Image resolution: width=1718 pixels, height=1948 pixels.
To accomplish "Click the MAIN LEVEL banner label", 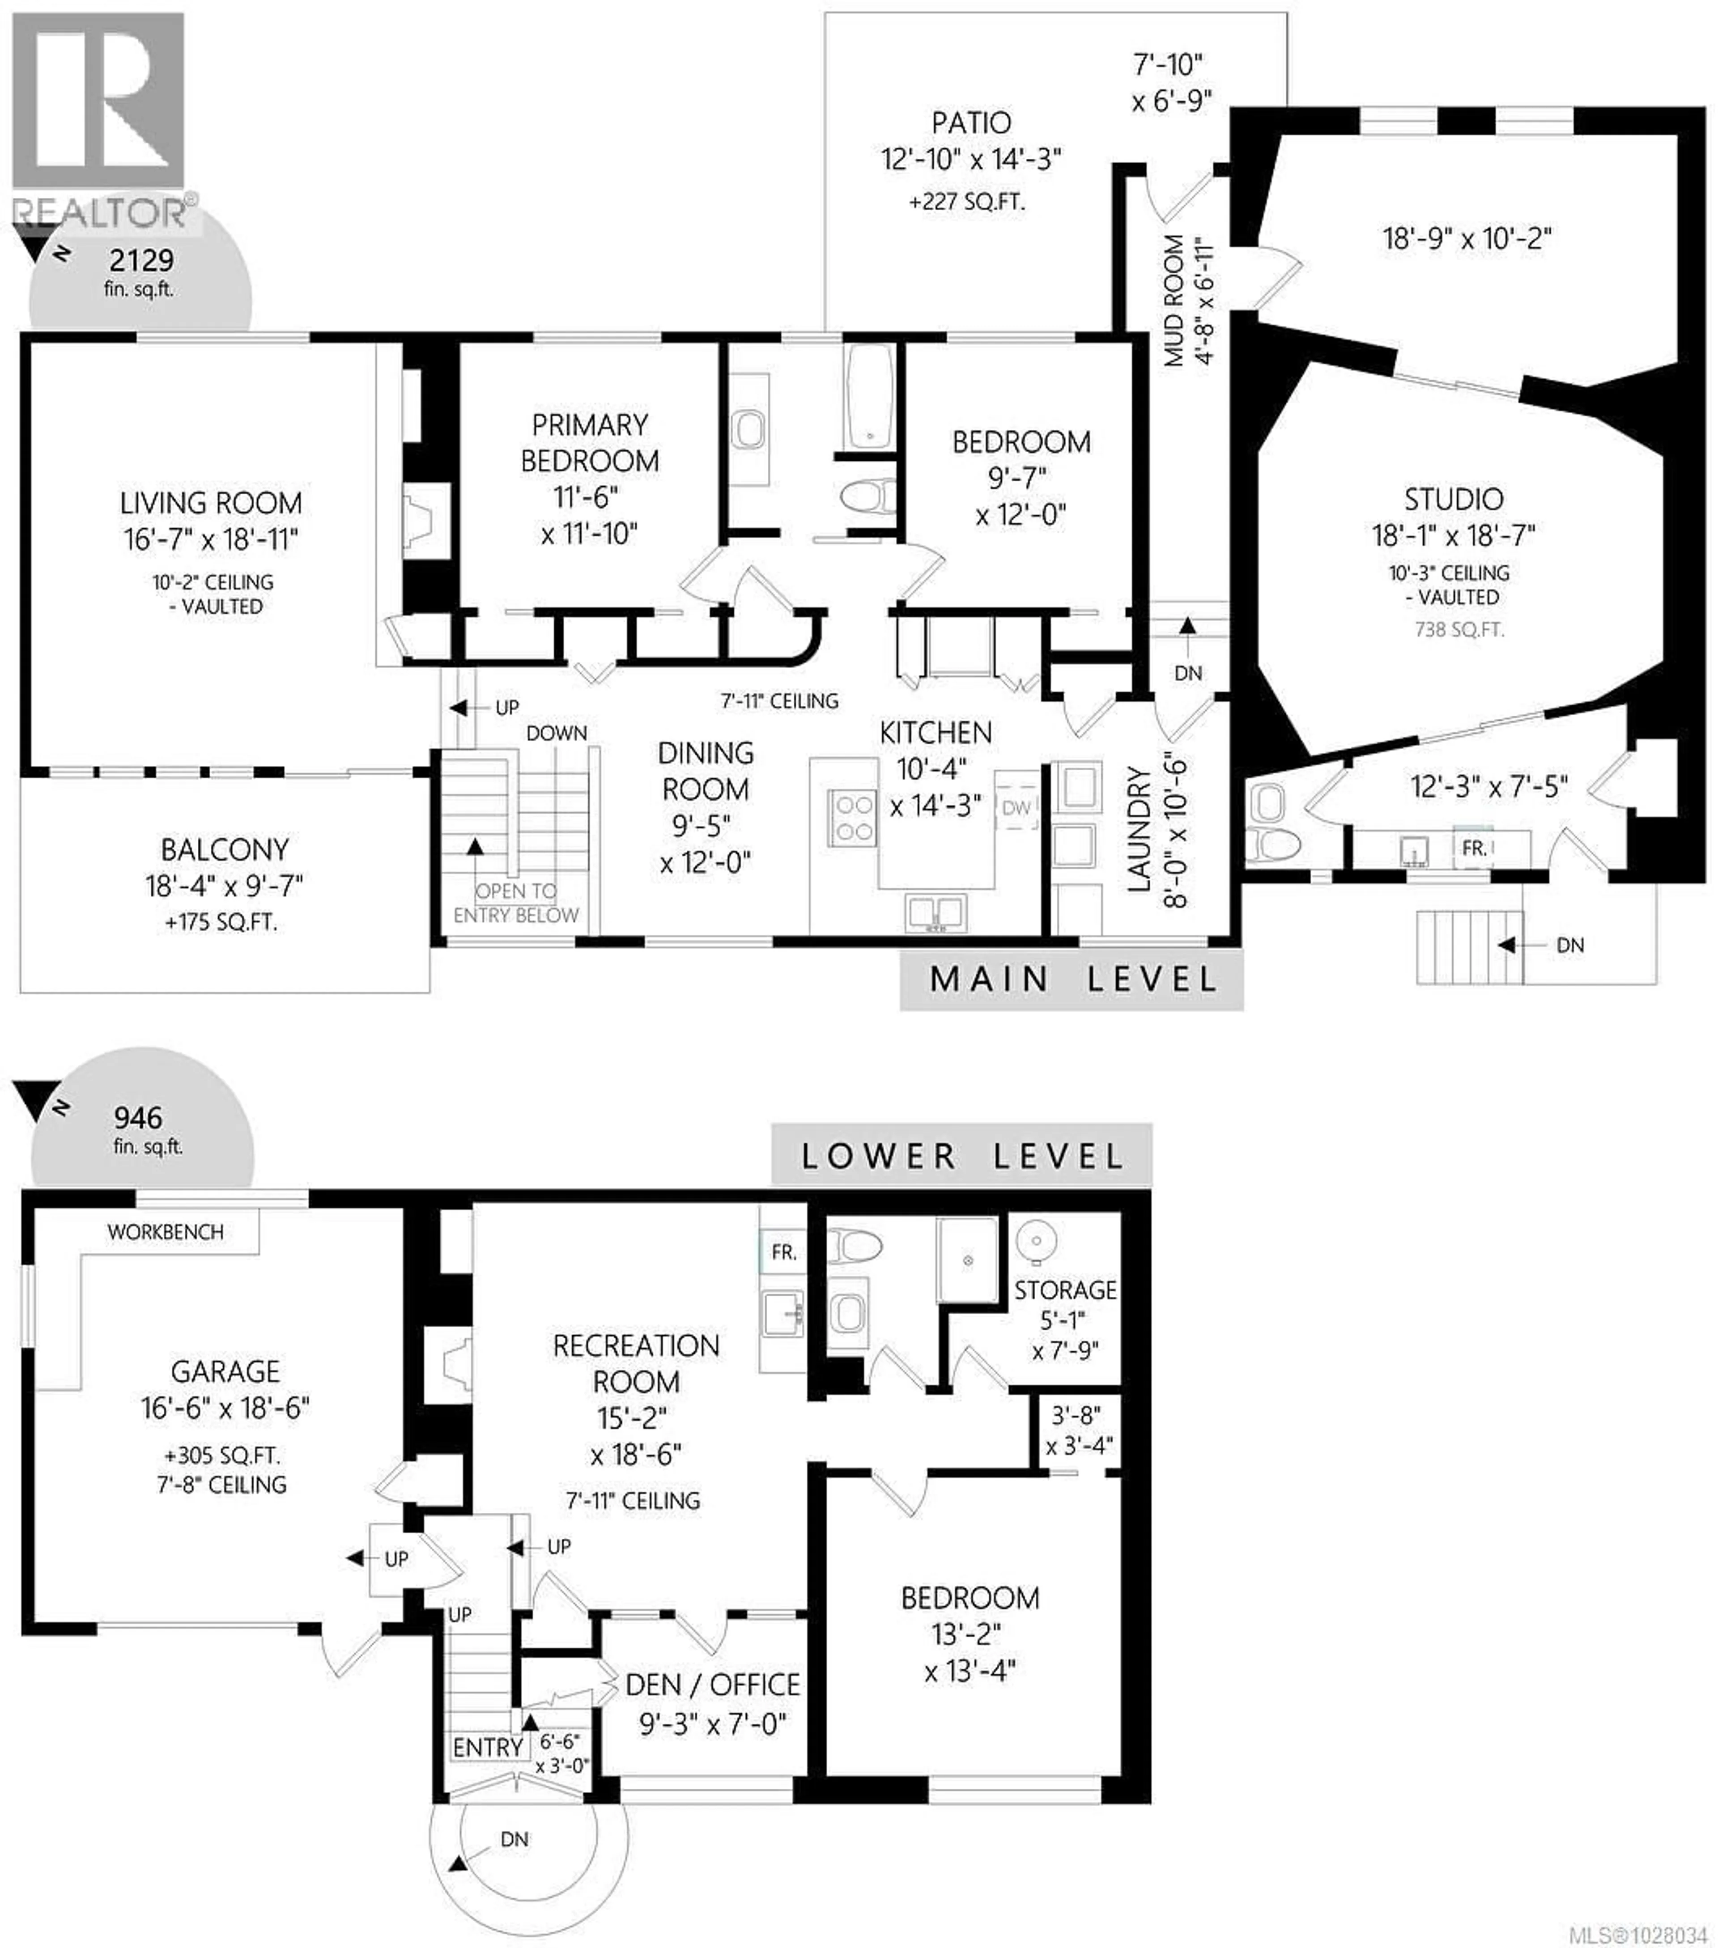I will tap(1072, 980).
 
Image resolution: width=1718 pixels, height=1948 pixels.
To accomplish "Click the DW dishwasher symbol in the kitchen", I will tap(1016, 807).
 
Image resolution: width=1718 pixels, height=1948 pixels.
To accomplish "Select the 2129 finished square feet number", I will tap(141, 260).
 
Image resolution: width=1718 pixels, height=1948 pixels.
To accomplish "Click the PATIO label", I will tap(970, 123).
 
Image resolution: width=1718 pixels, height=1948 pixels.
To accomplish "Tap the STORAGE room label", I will tap(1065, 1290).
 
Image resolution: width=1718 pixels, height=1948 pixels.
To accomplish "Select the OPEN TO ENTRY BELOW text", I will tap(516, 903).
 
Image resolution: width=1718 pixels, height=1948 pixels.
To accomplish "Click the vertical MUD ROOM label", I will tap(1174, 300).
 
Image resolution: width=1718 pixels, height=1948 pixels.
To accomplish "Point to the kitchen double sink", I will tap(935, 912).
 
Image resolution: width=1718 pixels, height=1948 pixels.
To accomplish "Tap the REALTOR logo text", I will tap(100, 212).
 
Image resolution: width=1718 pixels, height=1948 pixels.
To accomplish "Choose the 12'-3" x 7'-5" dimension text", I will tap(1488, 787).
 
